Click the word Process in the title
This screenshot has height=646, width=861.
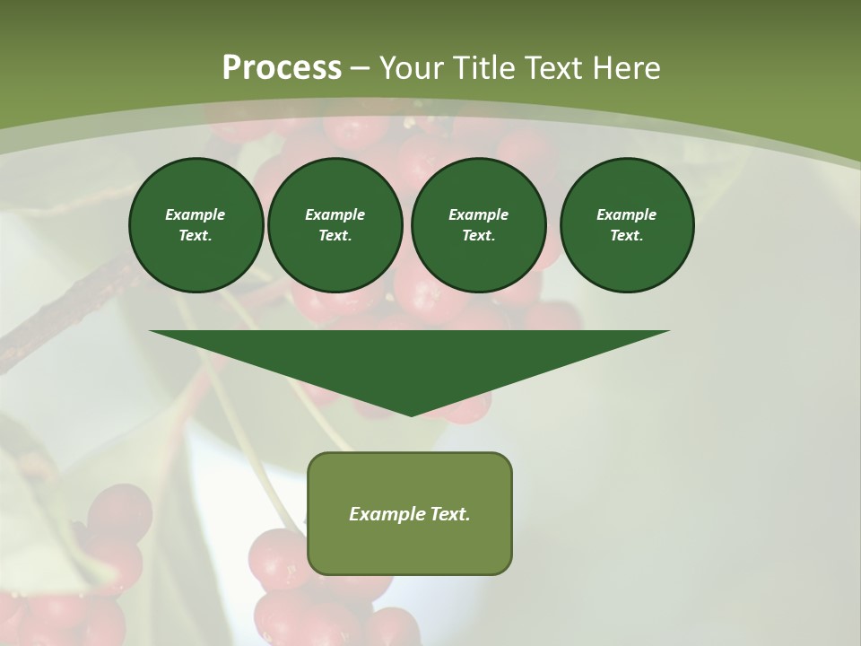[282, 68]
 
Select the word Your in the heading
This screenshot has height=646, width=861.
[412, 68]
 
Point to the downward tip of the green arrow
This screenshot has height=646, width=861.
[411, 414]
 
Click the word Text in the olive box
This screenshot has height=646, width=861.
[448, 514]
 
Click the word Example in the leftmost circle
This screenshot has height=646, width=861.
[196, 214]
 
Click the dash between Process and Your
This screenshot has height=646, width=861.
[360, 68]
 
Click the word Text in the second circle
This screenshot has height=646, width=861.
[334, 235]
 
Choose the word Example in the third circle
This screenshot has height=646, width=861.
[478, 214]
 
